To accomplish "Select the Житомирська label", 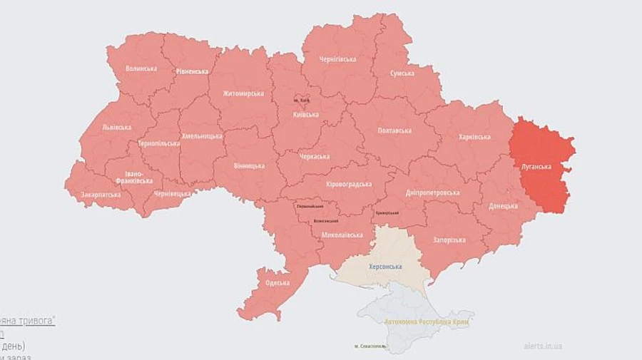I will [243, 93].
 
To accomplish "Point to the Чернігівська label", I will [337, 59].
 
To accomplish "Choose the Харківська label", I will [474, 137].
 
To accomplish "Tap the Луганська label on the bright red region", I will [536, 167].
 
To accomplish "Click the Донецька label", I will [504, 205].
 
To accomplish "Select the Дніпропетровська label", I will [432, 192].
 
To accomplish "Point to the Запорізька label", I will [449, 240].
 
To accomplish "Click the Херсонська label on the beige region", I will [384, 267].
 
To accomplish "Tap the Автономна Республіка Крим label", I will [429, 321].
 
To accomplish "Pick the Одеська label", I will [277, 282].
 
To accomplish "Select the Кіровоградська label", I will [349, 185].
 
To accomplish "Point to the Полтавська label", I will [394, 130].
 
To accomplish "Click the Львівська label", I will [116, 128].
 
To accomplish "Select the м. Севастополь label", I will [370, 346].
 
